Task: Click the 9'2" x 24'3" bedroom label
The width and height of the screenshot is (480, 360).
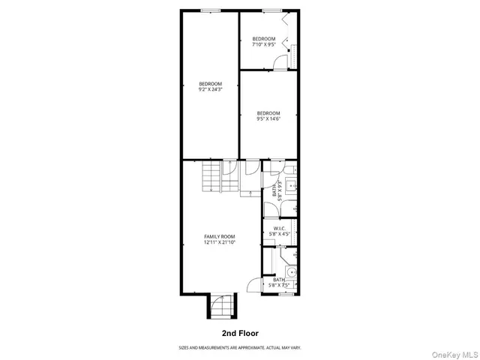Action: coord(210,86)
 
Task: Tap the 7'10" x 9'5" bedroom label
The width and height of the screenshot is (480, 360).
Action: coord(263,41)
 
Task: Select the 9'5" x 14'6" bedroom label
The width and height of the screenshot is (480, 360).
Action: coord(268,116)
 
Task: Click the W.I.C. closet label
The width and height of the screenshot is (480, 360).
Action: coord(279,231)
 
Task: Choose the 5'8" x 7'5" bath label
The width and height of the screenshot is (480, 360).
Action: coord(279,283)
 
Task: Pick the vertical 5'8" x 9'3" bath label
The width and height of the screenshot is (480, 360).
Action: coord(277,192)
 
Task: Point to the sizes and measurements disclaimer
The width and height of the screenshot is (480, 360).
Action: coord(239,347)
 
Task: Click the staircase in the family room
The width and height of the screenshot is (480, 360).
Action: coord(211,178)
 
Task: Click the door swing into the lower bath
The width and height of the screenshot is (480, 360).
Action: coord(255,285)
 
